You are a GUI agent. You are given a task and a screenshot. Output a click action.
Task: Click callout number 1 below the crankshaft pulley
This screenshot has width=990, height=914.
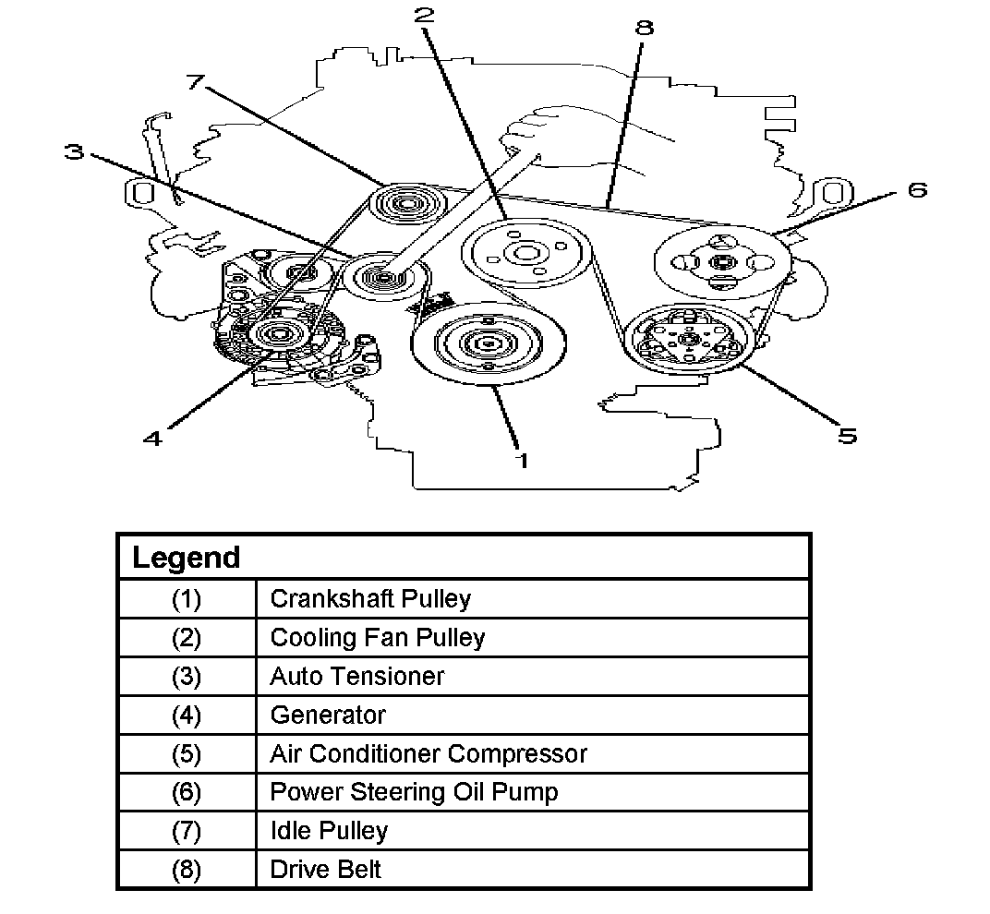click(523, 460)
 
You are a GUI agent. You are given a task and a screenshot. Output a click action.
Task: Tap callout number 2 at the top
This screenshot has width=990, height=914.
click(424, 15)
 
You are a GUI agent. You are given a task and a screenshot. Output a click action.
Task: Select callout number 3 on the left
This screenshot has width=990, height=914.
click(76, 150)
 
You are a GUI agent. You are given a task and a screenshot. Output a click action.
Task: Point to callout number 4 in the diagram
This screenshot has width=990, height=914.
click(153, 439)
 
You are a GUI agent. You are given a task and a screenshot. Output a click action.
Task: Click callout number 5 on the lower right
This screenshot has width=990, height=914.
click(847, 434)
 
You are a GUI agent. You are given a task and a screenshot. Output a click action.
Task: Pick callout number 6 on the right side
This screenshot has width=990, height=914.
click(916, 189)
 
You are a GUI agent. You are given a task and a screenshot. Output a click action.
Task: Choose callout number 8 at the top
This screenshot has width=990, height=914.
click(644, 27)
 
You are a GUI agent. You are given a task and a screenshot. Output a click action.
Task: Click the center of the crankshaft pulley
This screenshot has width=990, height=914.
click(481, 343)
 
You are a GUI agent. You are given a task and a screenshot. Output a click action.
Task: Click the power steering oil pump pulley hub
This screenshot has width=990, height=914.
click(720, 263)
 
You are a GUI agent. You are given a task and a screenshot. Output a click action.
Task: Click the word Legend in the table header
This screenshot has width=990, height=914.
click(186, 558)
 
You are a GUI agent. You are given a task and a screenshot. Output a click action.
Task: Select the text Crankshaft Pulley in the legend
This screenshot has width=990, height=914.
click(370, 598)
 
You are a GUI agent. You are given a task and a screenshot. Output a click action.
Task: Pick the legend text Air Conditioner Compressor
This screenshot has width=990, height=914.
click(428, 753)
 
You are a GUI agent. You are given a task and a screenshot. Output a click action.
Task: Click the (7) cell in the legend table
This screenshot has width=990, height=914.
click(186, 831)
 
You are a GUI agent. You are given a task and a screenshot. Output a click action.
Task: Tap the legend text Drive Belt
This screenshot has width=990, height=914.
click(325, 870)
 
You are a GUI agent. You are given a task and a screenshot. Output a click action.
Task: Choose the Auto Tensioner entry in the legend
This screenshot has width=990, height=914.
click(356, 676)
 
